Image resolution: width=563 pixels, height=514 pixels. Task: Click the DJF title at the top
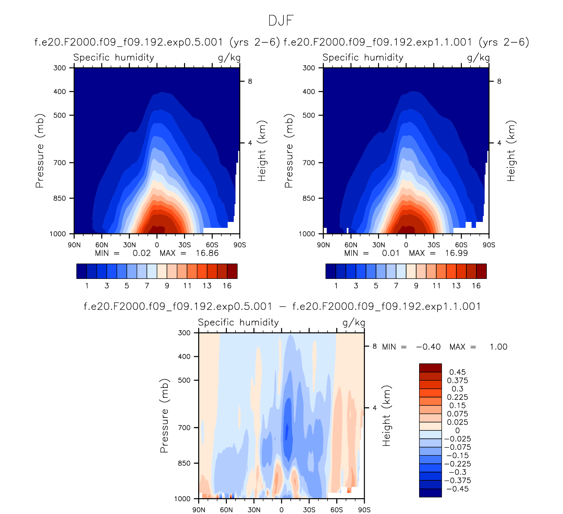click(x=281, y=20)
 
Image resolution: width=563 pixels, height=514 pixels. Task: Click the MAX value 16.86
click(x=207, y=253)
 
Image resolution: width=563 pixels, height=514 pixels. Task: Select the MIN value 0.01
click(x=390, y=253)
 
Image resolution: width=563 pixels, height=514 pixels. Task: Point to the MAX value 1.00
click(x=498, y=347)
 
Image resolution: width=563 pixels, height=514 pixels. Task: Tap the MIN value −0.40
click(x=428, y=347)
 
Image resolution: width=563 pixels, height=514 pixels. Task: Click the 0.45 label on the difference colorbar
click(x=458, y=372)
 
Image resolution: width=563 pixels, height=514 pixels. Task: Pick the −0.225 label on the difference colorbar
click(x=458, y=464)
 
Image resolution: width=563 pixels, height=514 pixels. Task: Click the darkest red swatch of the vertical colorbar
click(x=430, y=368)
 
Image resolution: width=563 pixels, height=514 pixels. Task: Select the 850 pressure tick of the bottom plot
click(x=184, y=463)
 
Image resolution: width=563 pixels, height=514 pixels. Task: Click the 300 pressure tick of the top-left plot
click(x=60, y=68)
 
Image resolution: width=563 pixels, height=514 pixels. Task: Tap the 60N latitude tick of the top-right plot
click(x=351, y=245)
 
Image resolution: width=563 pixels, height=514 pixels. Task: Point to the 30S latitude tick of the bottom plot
click(x=309, y=510)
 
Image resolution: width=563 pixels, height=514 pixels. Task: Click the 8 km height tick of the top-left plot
click(x=250, y=81)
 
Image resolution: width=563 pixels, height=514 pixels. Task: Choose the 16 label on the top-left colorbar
click(x=227, y=285)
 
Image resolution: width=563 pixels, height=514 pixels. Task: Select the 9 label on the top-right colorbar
click(x=416, y=285)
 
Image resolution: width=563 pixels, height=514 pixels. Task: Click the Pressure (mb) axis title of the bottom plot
click(x=164, y=416)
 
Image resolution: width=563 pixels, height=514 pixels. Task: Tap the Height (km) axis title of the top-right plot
click(x=511, y=151)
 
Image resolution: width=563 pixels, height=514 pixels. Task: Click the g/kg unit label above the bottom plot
click(x=354, y=323)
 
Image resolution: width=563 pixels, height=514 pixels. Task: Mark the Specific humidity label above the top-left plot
click(x=114, y=58)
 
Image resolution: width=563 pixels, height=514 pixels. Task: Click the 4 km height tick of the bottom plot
click(x=375, y=408)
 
